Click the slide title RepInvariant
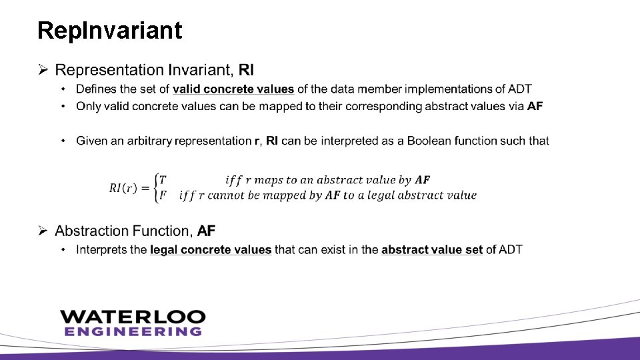pos(110,30)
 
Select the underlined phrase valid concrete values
pos(233,89)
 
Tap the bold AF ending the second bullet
pos(535,106)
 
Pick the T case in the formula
pos(163,180)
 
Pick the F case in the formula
pos(163,195)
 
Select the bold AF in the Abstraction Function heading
pos(207,231)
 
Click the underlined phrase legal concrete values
pos(211,250)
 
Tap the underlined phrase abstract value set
pos(432,250)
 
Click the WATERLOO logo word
pos(133,317)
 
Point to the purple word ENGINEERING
pos(133,331)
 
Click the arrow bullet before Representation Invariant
pos(43,70)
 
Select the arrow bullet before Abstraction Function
pos(43,231)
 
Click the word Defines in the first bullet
pos(95,89)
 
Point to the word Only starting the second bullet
pos(87,106)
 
